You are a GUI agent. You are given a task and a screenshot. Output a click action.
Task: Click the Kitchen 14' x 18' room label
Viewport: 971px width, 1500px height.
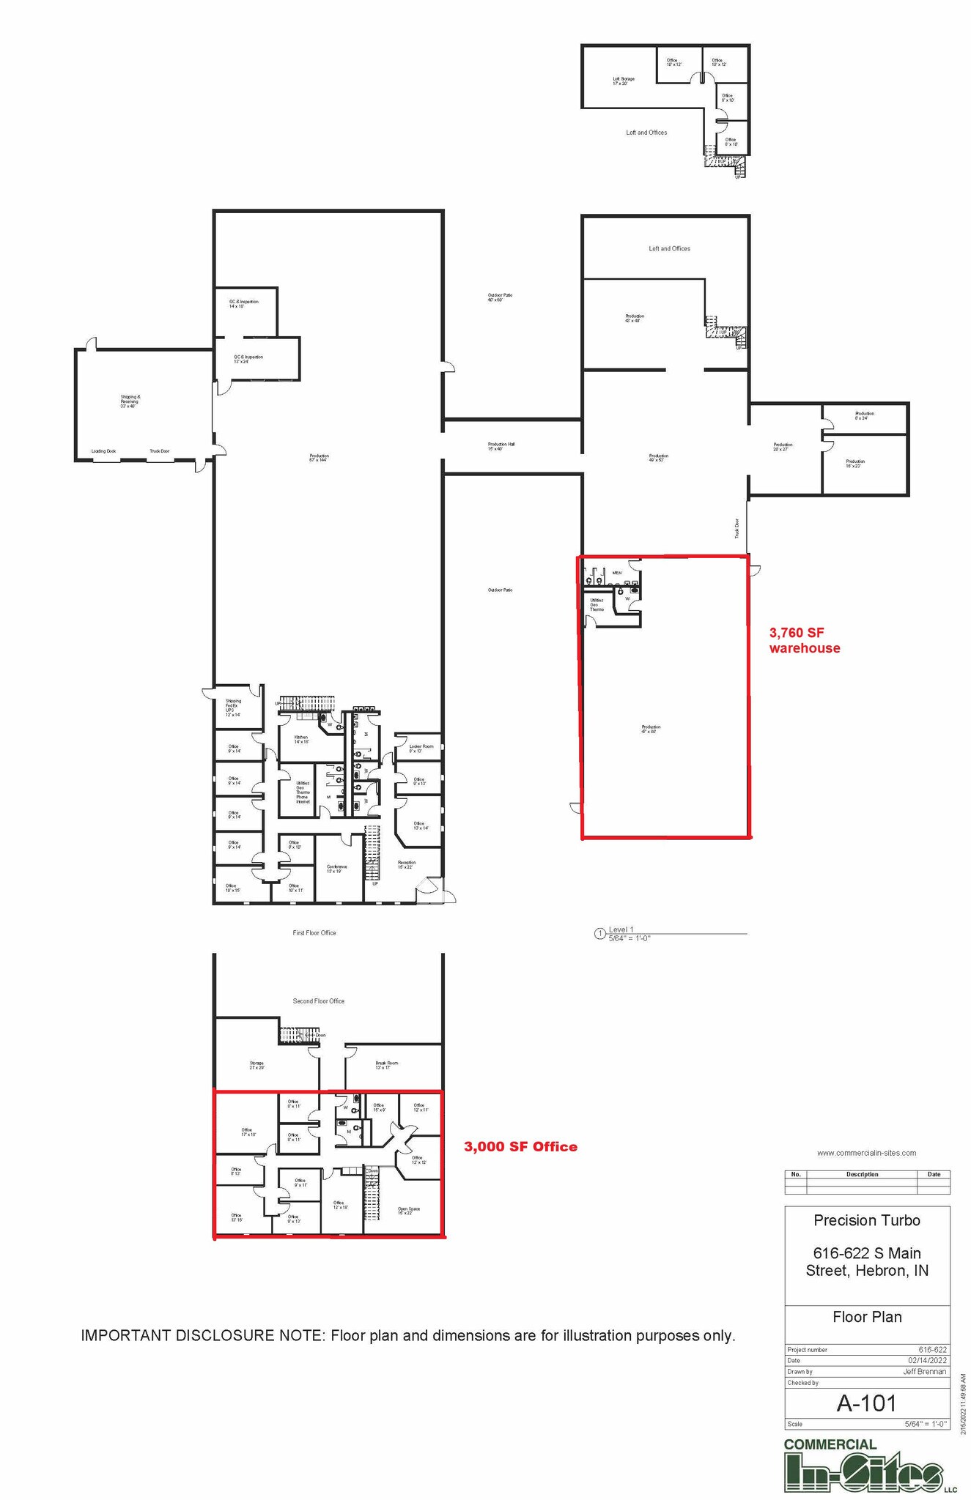(x=301, y=739)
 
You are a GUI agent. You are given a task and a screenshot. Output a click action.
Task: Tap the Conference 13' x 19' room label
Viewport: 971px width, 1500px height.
(x=337, y=869)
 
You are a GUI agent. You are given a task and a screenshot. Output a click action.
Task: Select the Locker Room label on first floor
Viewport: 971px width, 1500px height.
(x=421, y=749)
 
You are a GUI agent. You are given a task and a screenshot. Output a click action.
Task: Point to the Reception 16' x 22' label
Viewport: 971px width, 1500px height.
(x=407, y=864)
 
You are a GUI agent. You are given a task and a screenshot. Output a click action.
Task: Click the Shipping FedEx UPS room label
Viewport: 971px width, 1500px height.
(x=233, y=708)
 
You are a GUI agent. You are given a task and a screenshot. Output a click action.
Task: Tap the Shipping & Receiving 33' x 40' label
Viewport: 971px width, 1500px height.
(x=130, y=401)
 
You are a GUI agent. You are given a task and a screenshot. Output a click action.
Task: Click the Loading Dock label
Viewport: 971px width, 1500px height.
(x=103, y=451)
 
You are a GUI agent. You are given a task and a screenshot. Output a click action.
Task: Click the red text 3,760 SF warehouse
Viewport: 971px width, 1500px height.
(x=804, y=640)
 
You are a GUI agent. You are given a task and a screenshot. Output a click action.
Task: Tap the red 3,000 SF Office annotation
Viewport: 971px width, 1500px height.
(x=520, y=1147)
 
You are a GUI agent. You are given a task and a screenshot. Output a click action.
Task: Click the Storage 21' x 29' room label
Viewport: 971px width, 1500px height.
(x=256, y=1065)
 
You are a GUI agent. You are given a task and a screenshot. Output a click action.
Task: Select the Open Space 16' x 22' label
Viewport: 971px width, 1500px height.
(x=409, y=1211)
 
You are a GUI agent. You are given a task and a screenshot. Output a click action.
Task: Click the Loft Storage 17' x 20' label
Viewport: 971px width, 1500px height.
(x=624, y=81)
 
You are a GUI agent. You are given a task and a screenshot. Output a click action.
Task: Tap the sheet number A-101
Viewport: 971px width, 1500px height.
(x=866, y=1403)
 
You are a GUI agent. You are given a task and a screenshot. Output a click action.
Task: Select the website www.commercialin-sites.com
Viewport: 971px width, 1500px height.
(x=866, y=1153)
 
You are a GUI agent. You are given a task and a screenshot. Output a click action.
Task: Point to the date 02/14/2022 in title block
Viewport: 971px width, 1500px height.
(x=928, y=1360)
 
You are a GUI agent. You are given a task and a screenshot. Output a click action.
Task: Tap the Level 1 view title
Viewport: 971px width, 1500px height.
(x=621, y=929)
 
